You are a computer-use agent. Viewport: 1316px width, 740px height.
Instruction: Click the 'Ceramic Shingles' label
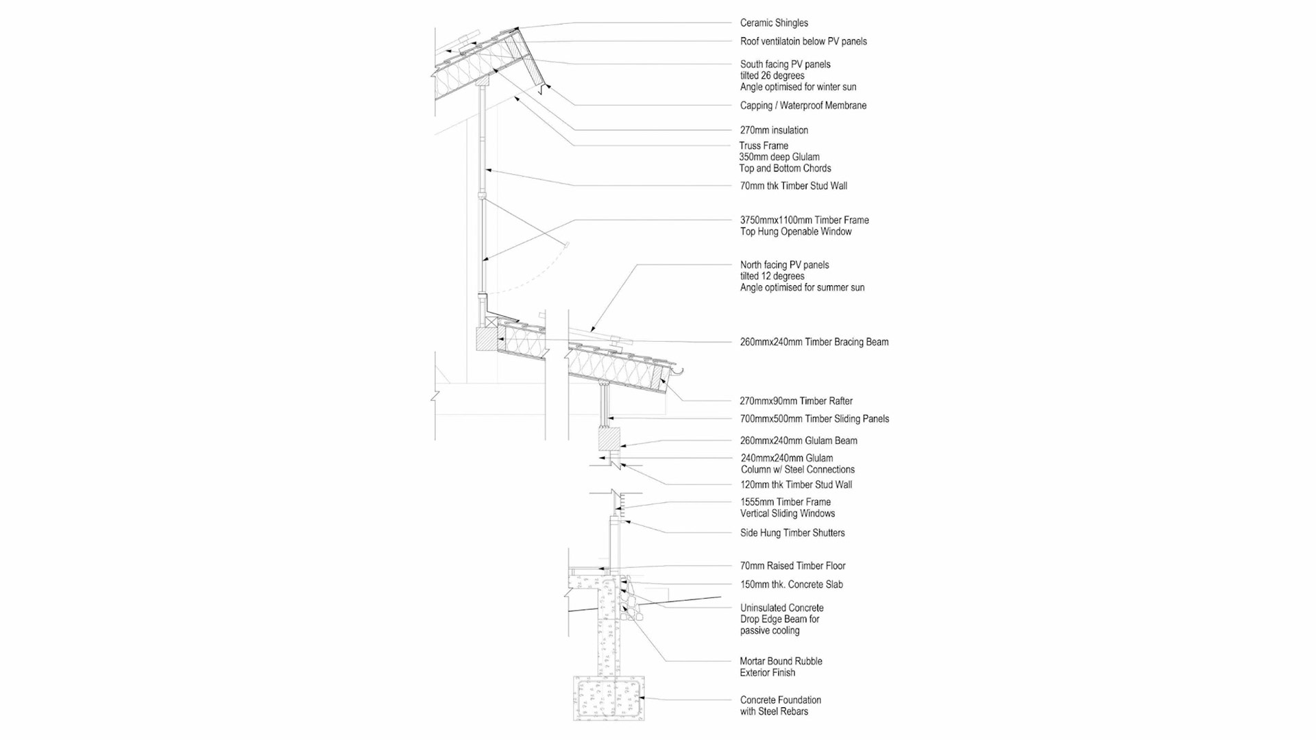click(x=773, y=23)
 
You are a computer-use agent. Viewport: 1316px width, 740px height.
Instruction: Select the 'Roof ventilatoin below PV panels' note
click(x=803, y=42)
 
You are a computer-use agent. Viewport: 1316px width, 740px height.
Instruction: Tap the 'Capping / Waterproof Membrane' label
click(x=803, y=106)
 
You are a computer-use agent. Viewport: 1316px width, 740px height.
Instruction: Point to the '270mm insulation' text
click(x=774, y=130)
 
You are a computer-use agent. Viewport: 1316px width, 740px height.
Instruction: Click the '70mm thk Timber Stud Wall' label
click(x=793, y=186)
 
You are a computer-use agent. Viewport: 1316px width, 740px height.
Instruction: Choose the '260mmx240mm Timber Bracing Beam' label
click(x=814, y=342)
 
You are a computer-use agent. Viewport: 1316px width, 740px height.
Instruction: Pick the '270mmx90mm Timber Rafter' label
click(x=796, y=402)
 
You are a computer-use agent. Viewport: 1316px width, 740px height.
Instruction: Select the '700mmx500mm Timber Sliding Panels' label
click(x=814, y=419)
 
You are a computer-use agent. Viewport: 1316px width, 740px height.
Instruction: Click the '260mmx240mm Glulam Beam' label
click(x=799, y=441)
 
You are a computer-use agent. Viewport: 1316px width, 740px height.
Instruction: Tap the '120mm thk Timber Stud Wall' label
click(x=796, y=485)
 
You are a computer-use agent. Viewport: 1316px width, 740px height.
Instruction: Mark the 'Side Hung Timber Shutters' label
click(x=792, y=533)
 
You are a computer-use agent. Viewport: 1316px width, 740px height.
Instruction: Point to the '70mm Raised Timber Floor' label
click(x=792, y=566)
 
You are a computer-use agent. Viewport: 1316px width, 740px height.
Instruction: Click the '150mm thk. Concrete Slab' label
click(x=791, y=584)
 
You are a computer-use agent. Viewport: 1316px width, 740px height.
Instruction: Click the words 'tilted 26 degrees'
click(x=772, y=75)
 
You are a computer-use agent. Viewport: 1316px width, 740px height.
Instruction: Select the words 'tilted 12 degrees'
click(x=772, y=276)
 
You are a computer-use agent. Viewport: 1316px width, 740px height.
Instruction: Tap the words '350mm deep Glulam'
click(x=779, y=157)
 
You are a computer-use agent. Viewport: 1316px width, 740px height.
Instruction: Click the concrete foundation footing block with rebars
click(x=609, y=698)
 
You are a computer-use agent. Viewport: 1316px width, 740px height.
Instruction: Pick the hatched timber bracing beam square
click(x=485, y=338)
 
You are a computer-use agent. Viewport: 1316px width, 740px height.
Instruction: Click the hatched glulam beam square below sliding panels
click(x=609, y=439)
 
